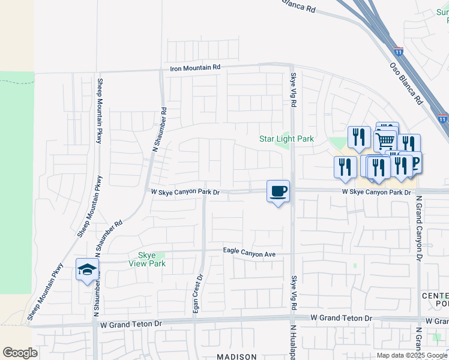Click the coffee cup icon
(278, 191)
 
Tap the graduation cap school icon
(87, 269)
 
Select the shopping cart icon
(385, 141)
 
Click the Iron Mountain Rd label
(195, 68)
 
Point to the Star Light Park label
(286, 139)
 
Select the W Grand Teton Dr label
(341, 317)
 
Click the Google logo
(20, 353)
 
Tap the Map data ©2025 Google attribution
(412, 355)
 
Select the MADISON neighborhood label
(237, 356)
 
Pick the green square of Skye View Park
(160, 255)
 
